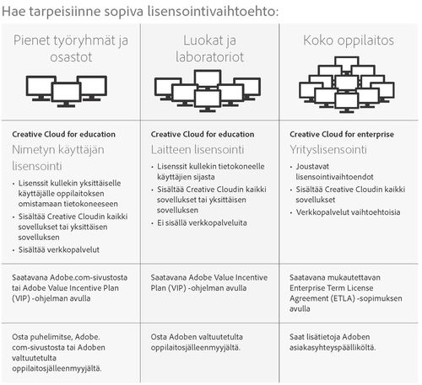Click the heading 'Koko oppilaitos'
click(349, 40)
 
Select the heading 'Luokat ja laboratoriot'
click(210, 48)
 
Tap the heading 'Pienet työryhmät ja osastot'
click(71, 48)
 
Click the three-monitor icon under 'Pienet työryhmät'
click(67, 91)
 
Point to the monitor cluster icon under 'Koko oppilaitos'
click(347, 85)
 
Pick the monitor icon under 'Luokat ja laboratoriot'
click(208, 91)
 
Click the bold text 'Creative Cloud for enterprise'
click(342, 134)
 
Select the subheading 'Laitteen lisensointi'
click(197, 150)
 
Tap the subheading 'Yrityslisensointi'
click(328, 150)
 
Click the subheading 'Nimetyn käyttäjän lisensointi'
click(58, 158)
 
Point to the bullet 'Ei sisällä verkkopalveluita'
click(202, 223)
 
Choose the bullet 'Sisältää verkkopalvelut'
click(59, 249)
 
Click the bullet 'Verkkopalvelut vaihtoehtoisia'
click(348, 212)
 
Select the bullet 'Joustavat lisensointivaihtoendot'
click(334, 172)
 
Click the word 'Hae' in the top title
click(14, 12)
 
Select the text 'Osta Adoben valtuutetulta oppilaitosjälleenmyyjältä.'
click(197, 342)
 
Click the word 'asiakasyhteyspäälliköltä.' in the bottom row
click(333, 348)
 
